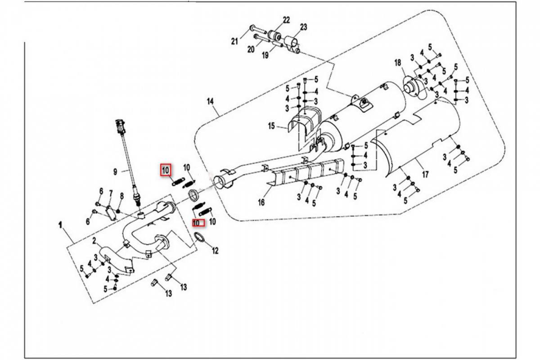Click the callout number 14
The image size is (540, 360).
coord(210,102)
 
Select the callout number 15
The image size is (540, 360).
coord(271,126)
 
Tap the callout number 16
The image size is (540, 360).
coord(261,202)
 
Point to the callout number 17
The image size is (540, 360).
coord(425,174)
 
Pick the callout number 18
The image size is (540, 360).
coord(397,63)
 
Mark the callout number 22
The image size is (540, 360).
coord(286,20)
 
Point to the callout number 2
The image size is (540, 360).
coord(94,241)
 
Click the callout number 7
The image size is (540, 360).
coord(111,193)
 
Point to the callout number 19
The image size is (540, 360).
coord(265,55)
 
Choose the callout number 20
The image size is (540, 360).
coord(251,49)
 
